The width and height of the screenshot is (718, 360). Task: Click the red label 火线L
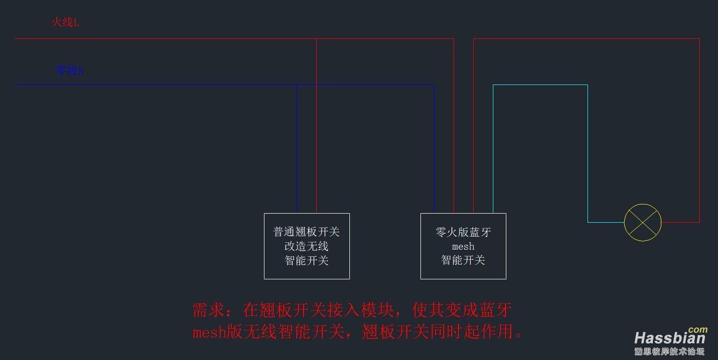click(x=65, y=22)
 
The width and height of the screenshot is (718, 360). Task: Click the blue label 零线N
click(x=70, y=71)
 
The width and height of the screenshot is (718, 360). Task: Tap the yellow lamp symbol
click(x=643, y=222)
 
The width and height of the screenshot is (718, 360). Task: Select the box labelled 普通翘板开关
click(x=307, y=246)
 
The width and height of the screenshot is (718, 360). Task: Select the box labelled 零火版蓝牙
click(x=463, y=246)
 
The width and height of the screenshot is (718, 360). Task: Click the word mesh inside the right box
click(x=463, y=247)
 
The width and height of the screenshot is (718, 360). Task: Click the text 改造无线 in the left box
click(x=307, y=247)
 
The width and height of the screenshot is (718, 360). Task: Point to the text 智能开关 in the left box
click(x=307, y=261)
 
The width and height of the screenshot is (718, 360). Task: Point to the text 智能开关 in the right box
click(x=463, y=260)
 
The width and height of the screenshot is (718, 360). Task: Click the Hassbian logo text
click(x=670, y=338)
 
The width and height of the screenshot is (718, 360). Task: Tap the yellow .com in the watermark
click(x=697, y=330)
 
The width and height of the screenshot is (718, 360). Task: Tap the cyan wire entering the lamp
click(x=606, y=222)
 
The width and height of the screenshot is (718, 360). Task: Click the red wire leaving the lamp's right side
click(x=680, y=222)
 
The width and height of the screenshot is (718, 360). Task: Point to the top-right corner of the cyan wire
click(x=587, y=85)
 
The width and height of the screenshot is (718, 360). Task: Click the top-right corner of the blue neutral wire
click(x=434, y=85)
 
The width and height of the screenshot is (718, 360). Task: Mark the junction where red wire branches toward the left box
click(x=316, y=39)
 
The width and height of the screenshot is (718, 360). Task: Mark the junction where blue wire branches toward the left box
click(x=297, y=85)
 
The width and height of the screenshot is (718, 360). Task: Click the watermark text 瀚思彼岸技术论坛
click(x=669, y=351)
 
